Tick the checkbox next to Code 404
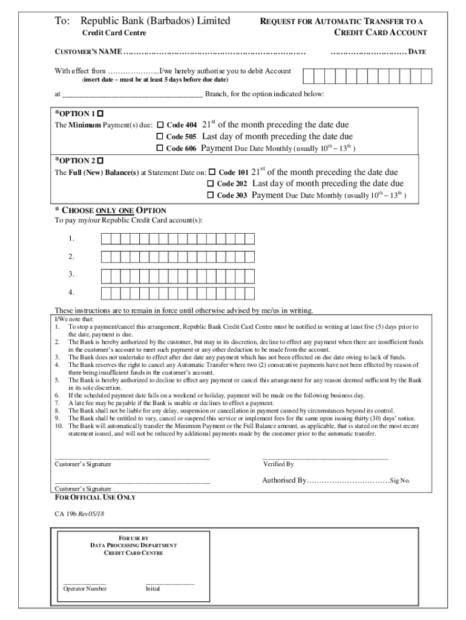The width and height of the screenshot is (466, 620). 160,124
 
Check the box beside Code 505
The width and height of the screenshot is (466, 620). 160,136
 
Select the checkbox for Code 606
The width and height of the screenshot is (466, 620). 160,148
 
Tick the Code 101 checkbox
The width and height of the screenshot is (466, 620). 212,172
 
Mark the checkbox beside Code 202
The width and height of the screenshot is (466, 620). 211,183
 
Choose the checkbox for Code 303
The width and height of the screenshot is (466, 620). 211,196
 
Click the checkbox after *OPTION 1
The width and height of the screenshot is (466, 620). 100,113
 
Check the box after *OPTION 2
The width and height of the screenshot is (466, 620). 100,160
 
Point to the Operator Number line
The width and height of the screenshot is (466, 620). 85,582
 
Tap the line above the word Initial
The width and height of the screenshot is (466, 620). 169,582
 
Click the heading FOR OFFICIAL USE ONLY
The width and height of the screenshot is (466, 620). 95,497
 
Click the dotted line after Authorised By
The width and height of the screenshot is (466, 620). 348,481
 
